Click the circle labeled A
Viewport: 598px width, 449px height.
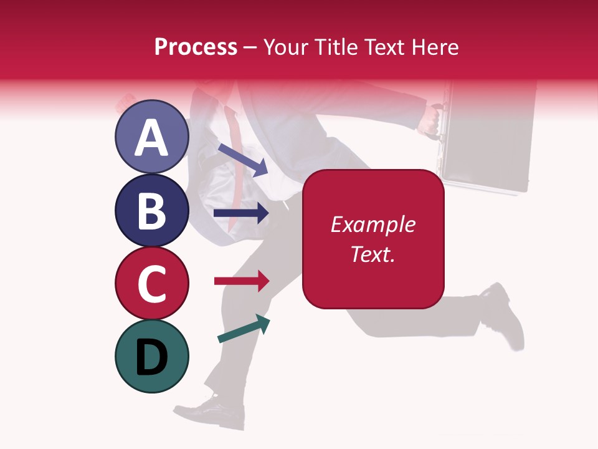pyautogui.click(x=151, y=137)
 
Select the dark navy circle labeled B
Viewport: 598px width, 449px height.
pyautogui.click(x=151, y=210)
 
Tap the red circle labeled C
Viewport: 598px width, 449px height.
pyautogui.click(x=151, y=283)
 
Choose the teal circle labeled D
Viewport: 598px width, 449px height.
pyautogui.click(x=151, y=356)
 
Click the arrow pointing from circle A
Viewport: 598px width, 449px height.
pyautogui.click(x=242, y=159)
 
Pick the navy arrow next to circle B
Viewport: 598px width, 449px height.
pyautogui.click(x=241, y=213)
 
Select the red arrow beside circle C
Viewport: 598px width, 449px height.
pyautogui.click(x=241, y=281)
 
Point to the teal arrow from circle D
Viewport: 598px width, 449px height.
pyautogui.click(x=244, y=329)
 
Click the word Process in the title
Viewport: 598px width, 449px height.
pyautogui.click(x=196, y=47)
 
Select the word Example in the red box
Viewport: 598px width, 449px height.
pyautogui.click(x=373, y=224)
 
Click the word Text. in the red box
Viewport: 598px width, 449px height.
pyautogui.click(x=373, y=254)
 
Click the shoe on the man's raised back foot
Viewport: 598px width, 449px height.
pyautogui.click(x=508, y=315)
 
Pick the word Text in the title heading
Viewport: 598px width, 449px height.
pyautogui.click(x=381, y=47)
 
